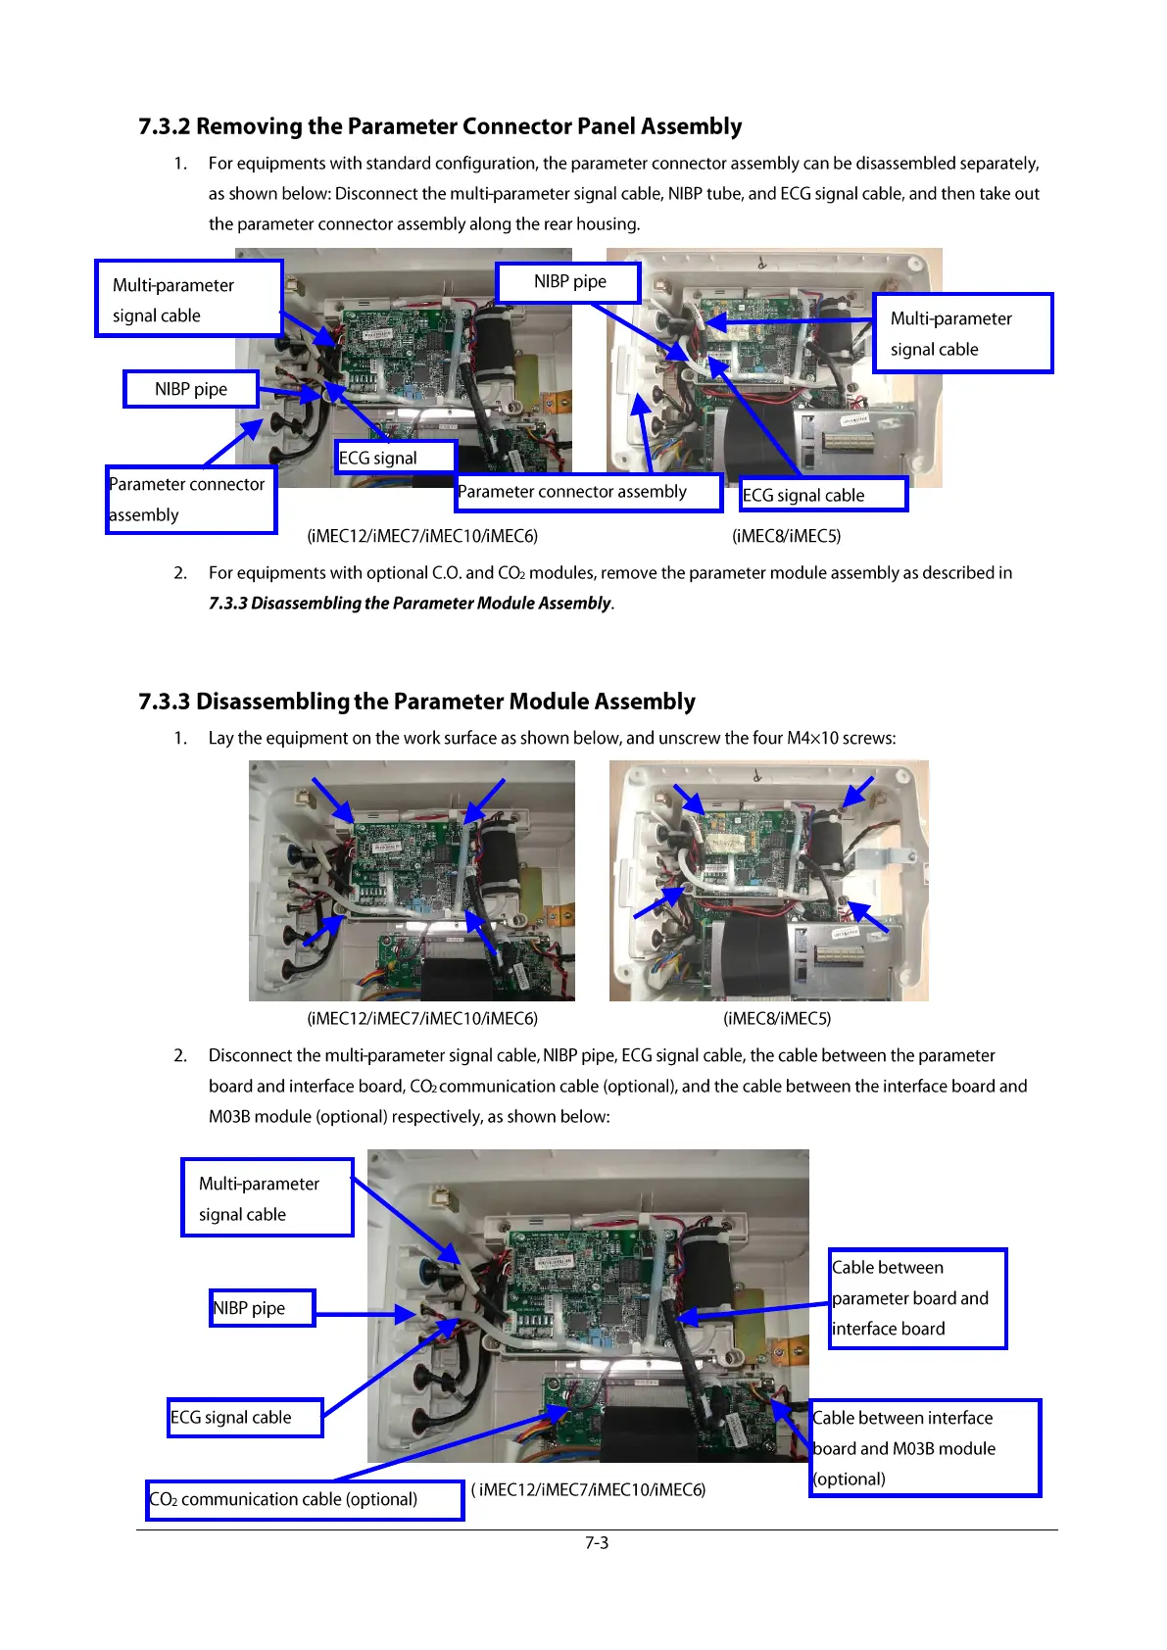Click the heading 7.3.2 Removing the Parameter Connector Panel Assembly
click(x=440, y=126)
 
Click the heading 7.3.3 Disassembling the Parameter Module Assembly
click(x=416, y=702)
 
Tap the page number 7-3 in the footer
click(x=597, y=1542)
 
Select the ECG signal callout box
click(x=395, y=458)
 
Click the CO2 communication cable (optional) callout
click(x=304, y=1500)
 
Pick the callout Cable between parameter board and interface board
click(x=917, y=1298)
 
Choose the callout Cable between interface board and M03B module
click(x=924, y=1448)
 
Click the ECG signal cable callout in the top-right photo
click(x=822, y=495)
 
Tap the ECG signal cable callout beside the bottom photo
click(x=245, y=1418)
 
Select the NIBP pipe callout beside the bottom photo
click(x=262, y=1308)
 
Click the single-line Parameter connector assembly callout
click(x=588, y=492)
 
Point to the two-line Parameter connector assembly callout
click(x=191, y=500)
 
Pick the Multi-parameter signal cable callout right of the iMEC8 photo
click(x=962, y=333)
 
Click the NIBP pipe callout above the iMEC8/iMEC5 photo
click(x=568, y=282)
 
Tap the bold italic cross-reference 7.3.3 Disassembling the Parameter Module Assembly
click(x=411, y=604)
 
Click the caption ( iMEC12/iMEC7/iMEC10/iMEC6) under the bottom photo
click(x=588, y=1490)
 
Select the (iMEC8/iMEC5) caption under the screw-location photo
click(x=777, y=1019)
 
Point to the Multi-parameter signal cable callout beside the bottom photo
click(x=267, y=1198)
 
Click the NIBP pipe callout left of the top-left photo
click(x=191, y=389)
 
